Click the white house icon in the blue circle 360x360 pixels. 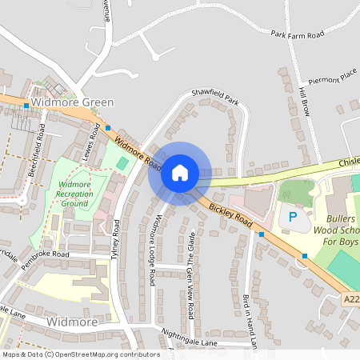[179, 173]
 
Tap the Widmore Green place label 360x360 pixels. [72, 102]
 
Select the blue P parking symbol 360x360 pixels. [293, 217]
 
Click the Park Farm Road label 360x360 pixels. [297, 34]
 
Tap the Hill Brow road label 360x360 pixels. [305, 101]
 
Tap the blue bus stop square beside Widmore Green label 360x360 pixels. [26, 105]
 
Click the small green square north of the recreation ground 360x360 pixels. [122, 163]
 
